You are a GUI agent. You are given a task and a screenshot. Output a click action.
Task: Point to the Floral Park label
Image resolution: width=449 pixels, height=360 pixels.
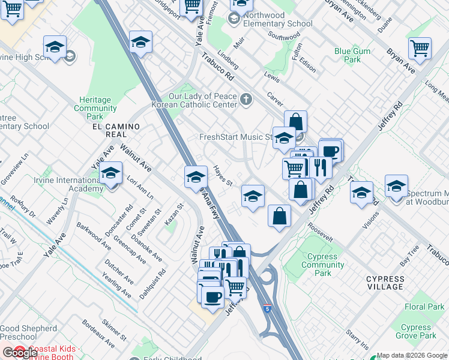[424, 307]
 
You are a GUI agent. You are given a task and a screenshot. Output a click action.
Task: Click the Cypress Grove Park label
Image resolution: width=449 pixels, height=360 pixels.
[416, 332]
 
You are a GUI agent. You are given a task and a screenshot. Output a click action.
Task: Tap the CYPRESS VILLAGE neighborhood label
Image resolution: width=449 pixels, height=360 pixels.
[385, 283]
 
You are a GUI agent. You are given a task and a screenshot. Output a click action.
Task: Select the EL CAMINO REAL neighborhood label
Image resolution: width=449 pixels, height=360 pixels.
[116, 127]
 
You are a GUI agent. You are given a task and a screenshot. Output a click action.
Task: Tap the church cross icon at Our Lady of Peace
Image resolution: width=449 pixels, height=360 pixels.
[246, 99]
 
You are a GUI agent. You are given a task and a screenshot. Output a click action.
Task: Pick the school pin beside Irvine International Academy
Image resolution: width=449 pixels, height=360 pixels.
[111, 175]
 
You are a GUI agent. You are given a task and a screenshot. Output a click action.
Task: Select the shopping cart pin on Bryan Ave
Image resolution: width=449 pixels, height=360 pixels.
[420, 49]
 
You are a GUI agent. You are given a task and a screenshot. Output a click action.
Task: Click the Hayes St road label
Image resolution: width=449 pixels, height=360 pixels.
[222, 176]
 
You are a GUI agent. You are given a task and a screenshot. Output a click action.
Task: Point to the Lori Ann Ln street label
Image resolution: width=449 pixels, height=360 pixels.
[140, 187]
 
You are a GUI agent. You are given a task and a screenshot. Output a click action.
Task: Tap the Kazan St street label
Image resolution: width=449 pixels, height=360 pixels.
[173, 211]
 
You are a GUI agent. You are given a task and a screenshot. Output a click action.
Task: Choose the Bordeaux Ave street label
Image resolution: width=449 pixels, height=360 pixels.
[100, 339]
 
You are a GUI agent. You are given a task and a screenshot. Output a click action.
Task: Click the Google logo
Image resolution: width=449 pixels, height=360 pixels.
[20, 353]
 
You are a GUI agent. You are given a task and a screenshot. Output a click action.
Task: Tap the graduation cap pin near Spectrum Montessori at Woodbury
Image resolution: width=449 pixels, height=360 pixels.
[396, 187]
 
